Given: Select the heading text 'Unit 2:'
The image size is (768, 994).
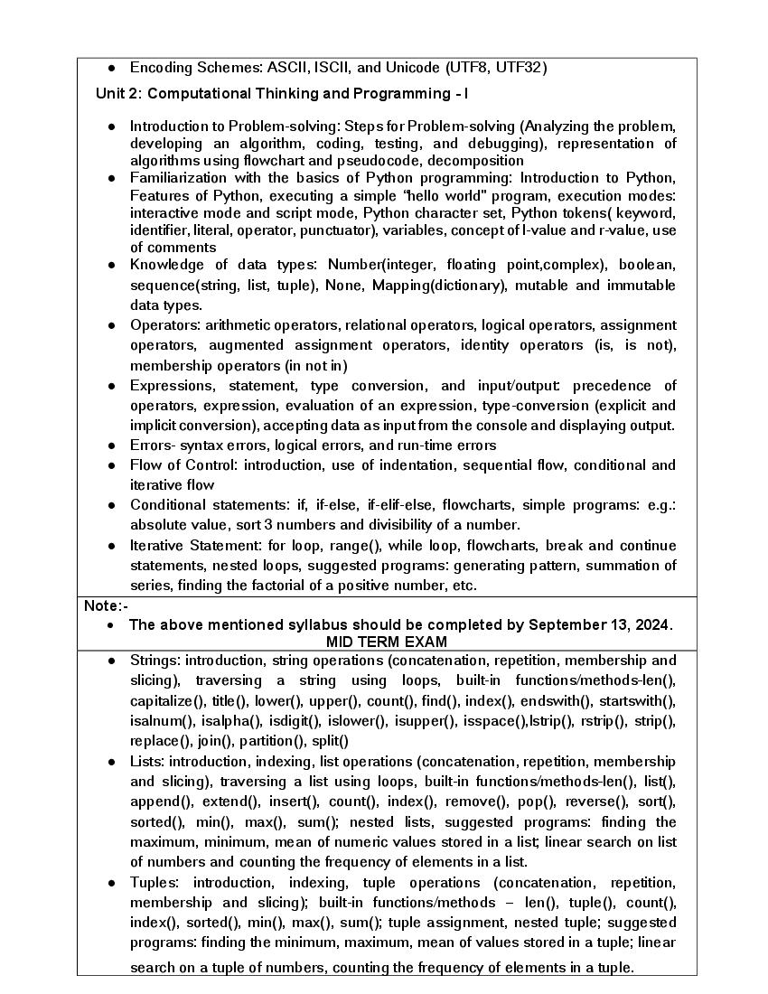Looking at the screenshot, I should [118, 94].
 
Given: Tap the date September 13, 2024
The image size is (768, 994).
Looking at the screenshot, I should [600, 624].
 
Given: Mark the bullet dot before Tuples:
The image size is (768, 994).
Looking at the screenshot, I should [110, 883].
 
